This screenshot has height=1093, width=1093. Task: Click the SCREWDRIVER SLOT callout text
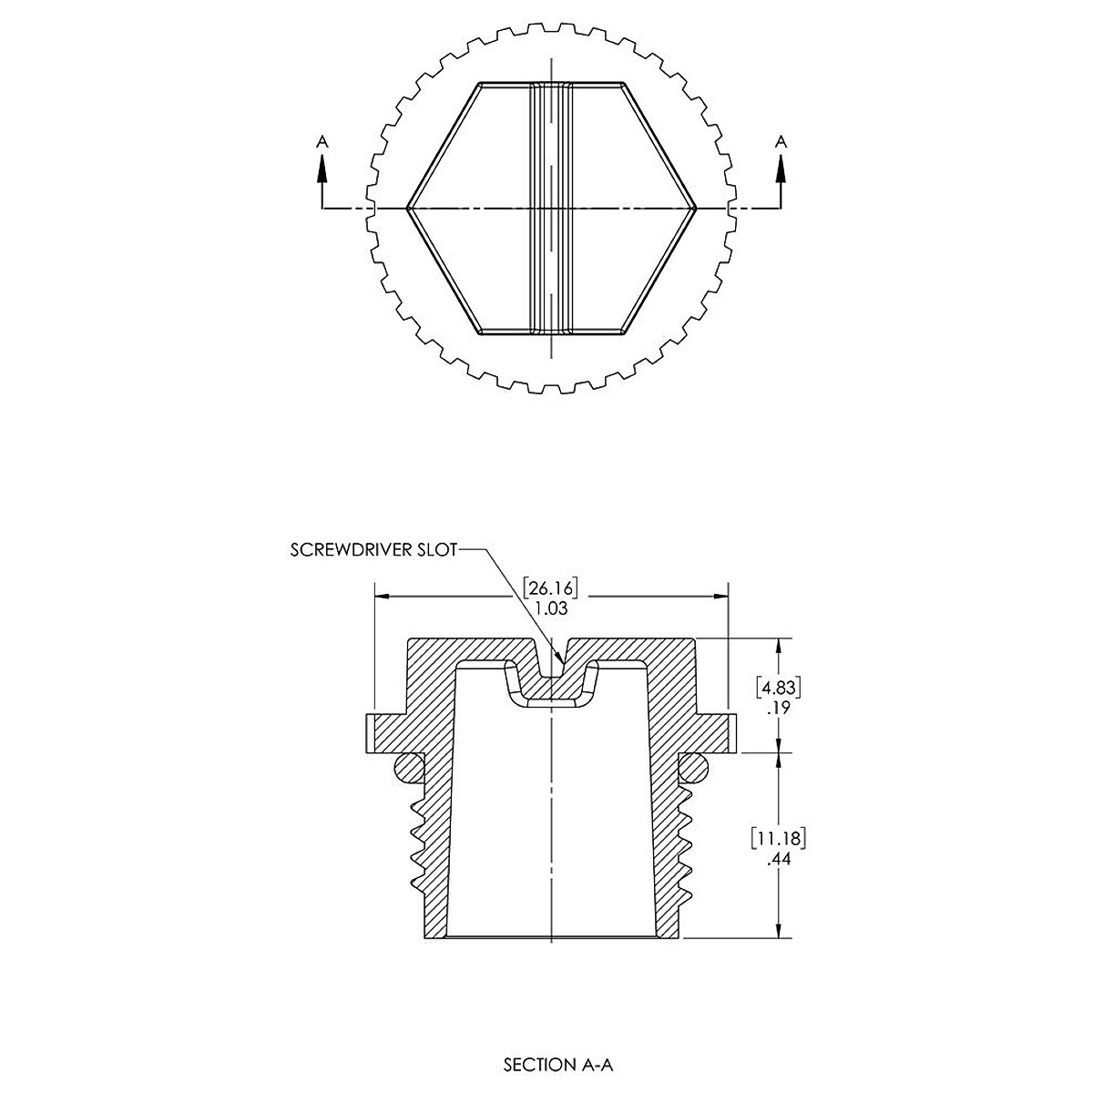pos(373,549)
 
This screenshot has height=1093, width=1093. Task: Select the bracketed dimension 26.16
pos(550,587)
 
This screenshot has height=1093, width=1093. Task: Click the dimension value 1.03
pos(551,608)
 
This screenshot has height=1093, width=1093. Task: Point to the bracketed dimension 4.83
pos(779,688)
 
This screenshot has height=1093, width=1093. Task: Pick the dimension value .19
pos(778,708)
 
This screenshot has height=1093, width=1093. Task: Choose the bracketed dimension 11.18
pos(778,839)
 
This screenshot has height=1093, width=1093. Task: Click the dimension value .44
pos(778,859)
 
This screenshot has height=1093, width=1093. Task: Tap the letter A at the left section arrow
pos(322,141)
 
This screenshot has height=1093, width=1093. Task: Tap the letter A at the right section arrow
pos(781,141)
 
